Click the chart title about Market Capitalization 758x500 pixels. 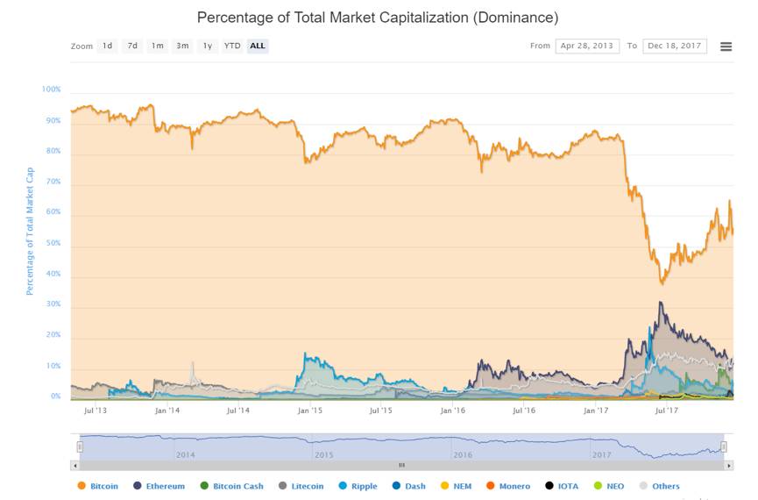tap(377, 18)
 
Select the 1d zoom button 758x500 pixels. tap(107, 46)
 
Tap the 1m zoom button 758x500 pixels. tap(157, 46)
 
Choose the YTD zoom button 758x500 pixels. tap(232, 46)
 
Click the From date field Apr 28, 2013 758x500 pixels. tap(587, 46)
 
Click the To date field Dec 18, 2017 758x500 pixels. tap(675, 46)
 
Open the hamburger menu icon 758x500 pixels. tap(726, 46)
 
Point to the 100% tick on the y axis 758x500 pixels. tap(51, 89)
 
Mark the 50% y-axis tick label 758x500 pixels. tap(53, 243)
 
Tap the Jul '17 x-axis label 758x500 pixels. tap(668, 410)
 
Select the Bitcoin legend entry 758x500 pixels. tap(98, 486)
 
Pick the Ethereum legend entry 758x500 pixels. tap(159, 486)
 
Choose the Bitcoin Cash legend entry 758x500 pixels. tap(232, 486)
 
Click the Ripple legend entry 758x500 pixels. tap(356, 486)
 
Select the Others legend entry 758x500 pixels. tap(660, 486)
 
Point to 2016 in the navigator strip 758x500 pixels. tap(462, 455)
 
